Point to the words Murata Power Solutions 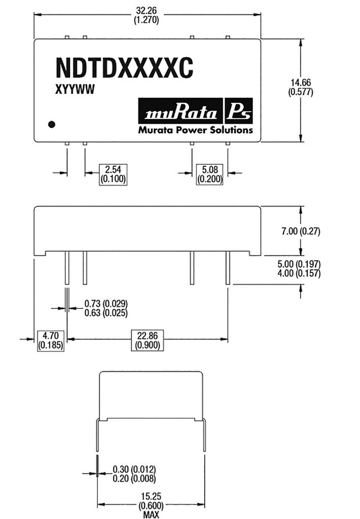pos(195,130)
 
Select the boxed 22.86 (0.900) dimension pos(147,339)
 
